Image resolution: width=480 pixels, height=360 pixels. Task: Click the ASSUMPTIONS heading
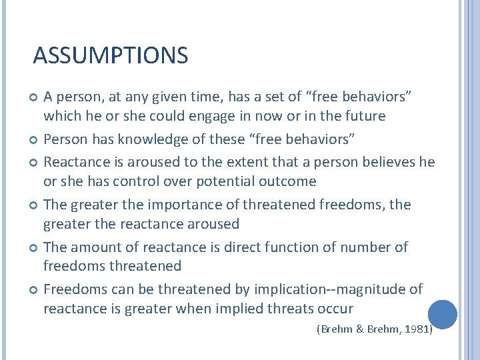[x=111, y=55]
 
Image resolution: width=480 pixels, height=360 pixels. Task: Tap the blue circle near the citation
[x=442, y=314]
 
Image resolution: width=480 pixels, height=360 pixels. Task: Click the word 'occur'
[x=335, y=309]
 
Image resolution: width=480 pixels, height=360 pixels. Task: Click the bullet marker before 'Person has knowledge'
[x=34, y=139]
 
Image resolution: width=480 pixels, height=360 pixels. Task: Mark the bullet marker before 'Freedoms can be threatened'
[x=34, y=290]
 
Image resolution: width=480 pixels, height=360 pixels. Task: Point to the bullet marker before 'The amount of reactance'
[x=34, y=248]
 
